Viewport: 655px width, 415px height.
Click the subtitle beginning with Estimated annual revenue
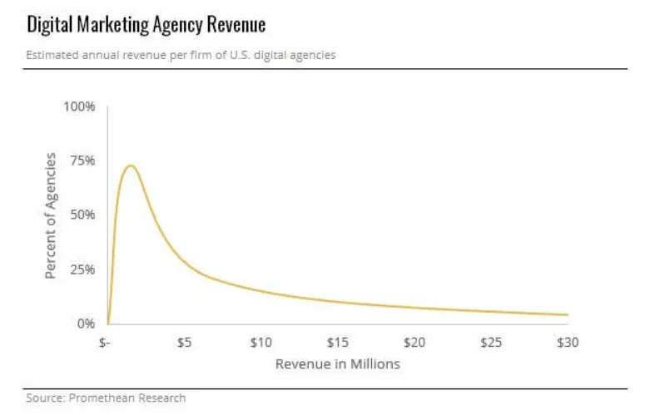pyautogui.click(x=181, y=55)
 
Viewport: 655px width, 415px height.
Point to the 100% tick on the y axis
pyautogui.click(x=80, y=107)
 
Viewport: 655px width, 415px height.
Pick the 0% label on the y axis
pyautogui.click(x=86, y=324)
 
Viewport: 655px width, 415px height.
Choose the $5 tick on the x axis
pyautogui.click(x=185, y=343)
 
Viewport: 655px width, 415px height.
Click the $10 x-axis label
pyautogui.click(x=261, y=343)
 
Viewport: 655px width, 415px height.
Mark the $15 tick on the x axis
pyautogui.click(x=337, y=343)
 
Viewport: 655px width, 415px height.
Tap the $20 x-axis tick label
pyautogui.click(x=414, y=343)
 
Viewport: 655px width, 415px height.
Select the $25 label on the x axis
pyautogui.click(x=491, y=343)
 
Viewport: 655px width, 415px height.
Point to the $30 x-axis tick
pyautogui.click(x=568, y=343)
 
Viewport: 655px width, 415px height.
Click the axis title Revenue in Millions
pyautogui.click(x=337, y=364)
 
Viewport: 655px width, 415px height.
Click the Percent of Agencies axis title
pyautogui.click(x=52, y=215)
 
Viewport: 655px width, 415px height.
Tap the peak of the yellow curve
pyautogui.click(x=130, y=166)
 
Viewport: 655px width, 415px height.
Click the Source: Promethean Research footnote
pyautogui.click(x=106, y=398)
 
